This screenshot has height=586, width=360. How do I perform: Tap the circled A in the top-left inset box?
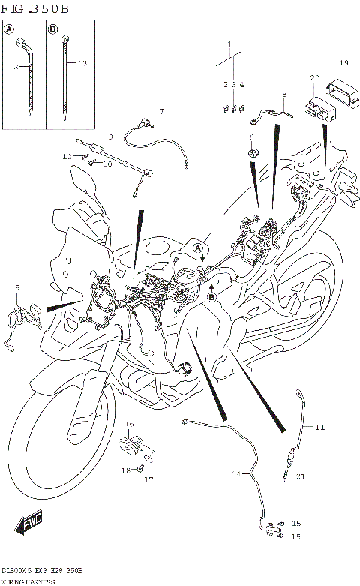click(x=10, y=30)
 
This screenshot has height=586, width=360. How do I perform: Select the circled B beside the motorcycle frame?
click(x=211, y=297)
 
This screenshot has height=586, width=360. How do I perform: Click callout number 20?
click(x=314, y=77)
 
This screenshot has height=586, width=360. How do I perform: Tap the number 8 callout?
click(x=284, y=95)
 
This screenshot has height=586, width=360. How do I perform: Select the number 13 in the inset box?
click(x=82, y=64)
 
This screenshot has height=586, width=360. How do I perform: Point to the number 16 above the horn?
click(x=128, y=424)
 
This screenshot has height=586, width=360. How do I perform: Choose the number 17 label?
click(x=148, y=479)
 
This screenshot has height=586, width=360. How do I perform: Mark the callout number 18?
click(x=126, y=470)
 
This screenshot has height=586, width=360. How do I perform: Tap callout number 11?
click(x=319, y=428)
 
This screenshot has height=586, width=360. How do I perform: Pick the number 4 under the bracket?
click(x=241, y=86)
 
